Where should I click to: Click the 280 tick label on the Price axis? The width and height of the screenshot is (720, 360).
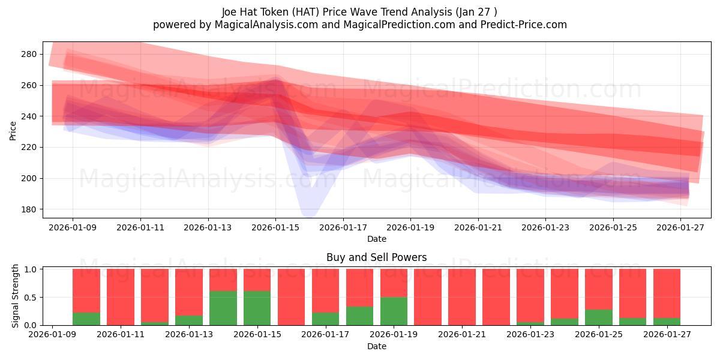coord(29,54)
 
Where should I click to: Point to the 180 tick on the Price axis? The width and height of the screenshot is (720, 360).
coord(29,209)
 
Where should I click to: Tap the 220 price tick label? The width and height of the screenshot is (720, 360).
coord(29,147)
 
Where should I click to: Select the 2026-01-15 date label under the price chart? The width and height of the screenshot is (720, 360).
coord(275,227)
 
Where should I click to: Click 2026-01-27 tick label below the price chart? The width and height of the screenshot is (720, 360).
coord(680,227)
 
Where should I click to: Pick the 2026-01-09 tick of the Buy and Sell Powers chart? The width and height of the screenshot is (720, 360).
coord(52,334)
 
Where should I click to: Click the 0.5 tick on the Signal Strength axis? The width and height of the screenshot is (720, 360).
coord(31,298)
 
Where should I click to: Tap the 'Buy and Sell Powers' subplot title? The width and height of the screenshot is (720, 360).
coord(377,257)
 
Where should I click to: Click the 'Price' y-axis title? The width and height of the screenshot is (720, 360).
coord(13,131)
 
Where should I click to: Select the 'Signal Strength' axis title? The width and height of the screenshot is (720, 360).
coord(15,296)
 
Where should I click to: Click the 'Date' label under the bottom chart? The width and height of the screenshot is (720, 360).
coord(377,346)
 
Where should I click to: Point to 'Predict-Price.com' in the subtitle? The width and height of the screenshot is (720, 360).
coord(524,25)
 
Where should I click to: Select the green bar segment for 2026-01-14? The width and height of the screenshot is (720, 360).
coord(223,308)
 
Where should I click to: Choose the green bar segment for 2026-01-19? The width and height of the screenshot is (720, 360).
coord(394,311)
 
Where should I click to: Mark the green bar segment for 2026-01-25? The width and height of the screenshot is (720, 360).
coord(599,317)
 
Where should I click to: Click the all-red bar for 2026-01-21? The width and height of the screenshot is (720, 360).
coord(462,297)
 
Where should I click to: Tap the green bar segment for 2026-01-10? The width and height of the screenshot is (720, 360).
coord(86,319)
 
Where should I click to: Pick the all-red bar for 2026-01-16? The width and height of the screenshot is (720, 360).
coord(291,297)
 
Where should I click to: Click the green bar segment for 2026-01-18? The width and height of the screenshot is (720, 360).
coord(359,316)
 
